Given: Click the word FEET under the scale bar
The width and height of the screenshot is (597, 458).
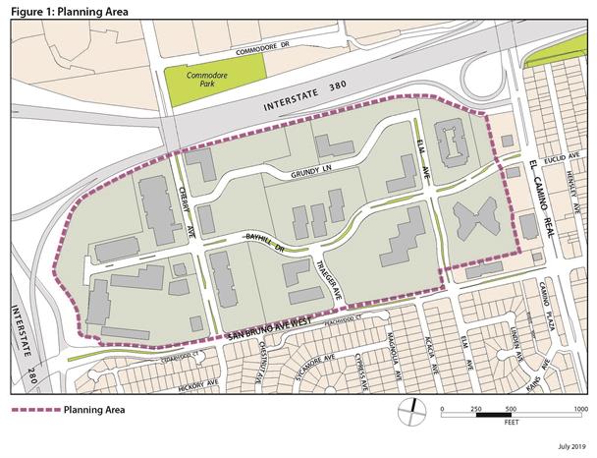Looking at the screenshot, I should pyautogui.click(x=512, y=426).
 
